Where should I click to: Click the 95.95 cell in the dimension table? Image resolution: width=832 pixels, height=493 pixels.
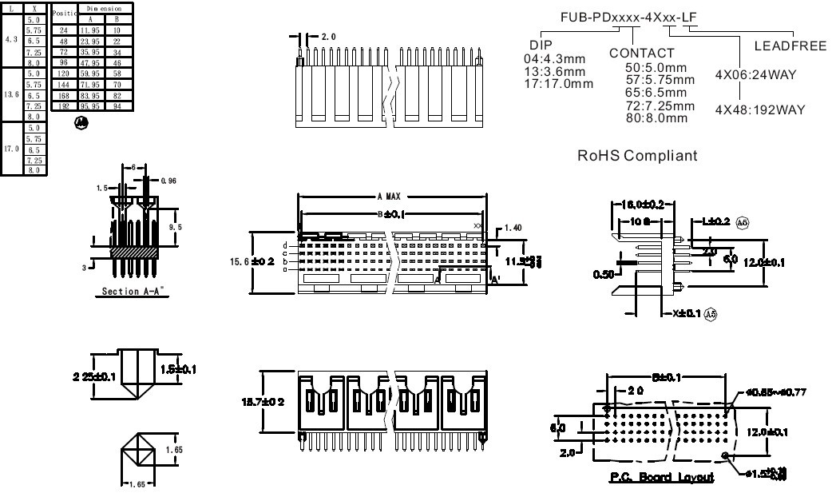(x=93, y=105)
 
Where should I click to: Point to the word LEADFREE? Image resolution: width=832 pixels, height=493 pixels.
(x=789, y=46)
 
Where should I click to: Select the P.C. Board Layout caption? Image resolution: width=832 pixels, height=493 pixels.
(x=663, y=477)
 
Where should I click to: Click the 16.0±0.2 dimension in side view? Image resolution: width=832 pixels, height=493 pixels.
(x=642, y=204)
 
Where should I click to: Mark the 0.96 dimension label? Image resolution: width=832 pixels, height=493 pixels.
(x=168, y=181)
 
